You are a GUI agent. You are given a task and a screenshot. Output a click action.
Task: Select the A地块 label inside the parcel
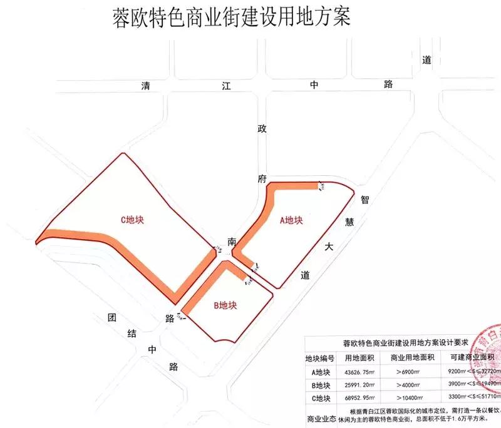(x=291, y=220)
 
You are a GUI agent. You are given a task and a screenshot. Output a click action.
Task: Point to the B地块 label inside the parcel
(x=225, y=305)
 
